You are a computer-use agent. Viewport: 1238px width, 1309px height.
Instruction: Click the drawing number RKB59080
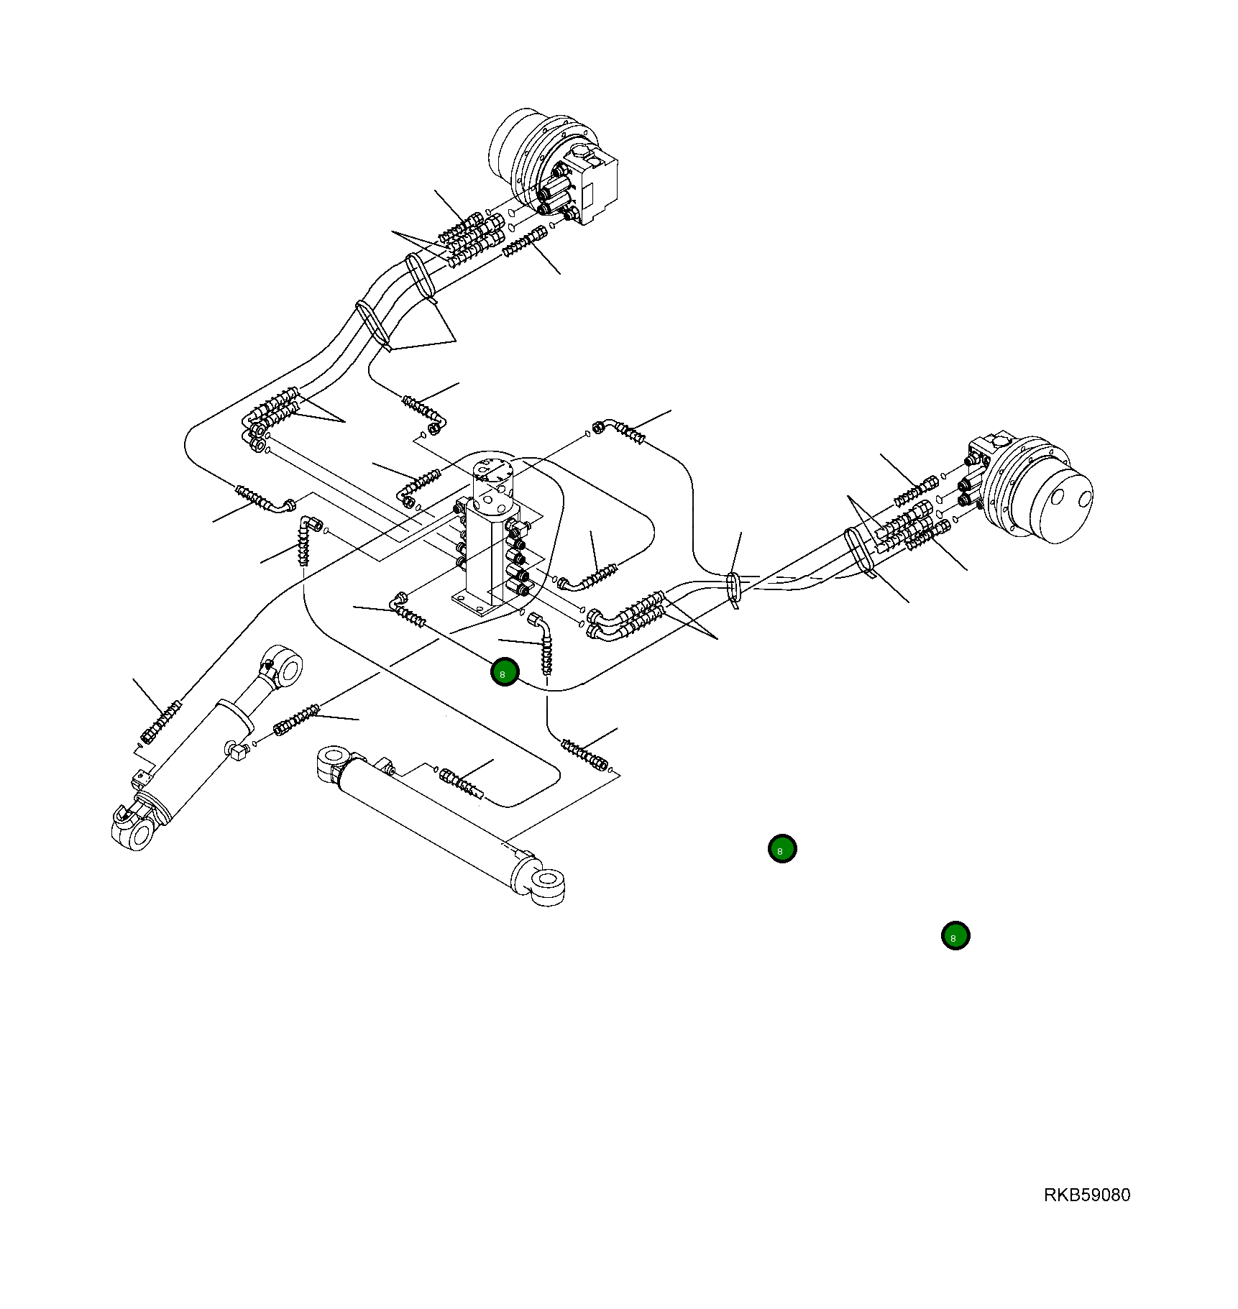1086,1195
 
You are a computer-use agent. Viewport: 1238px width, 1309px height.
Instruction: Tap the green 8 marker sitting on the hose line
505,672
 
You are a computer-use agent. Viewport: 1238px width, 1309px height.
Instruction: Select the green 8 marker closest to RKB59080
955,936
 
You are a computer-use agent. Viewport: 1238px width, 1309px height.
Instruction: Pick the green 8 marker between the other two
782,849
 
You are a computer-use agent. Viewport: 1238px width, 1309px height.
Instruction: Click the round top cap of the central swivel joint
494,472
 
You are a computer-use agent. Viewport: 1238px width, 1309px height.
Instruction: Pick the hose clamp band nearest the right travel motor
858,551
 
